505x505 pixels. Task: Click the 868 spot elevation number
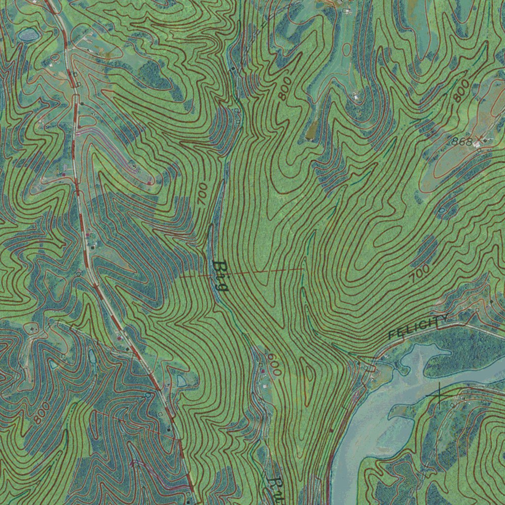tap(462, 142)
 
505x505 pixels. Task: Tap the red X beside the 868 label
tap(477, 140)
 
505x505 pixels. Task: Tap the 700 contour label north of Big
tap(201, 193)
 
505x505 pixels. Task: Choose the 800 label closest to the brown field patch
tap(285, 88)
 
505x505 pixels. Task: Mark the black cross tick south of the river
tap(439, 395)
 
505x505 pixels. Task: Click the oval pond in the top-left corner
tap(28, 35)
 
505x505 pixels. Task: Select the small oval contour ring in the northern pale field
tap(347, 49)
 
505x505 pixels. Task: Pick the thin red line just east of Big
tap(266, 271)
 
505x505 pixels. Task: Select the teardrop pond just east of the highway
tap(181, 380)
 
